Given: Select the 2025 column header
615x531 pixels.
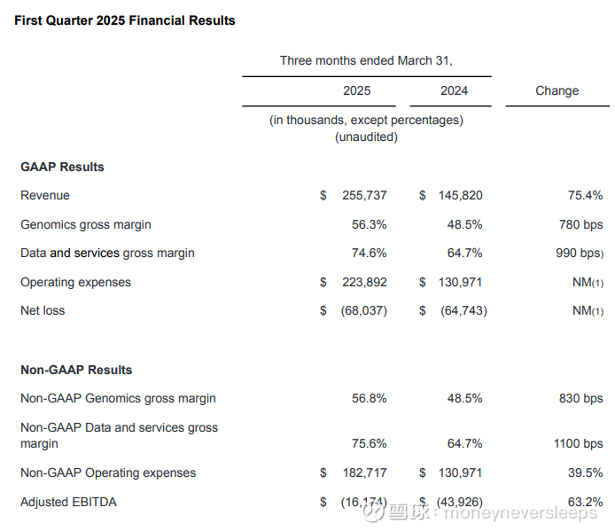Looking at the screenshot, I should tap(356, 90).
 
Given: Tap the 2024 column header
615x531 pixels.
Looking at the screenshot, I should tap(454, 90).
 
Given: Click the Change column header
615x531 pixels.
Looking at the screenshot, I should tap(557, 90).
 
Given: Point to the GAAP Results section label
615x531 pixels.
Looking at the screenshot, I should tap(62, 167).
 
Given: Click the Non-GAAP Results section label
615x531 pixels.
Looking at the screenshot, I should tap(76, 370).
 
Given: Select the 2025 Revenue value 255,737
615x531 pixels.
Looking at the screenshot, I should tap(363, 195).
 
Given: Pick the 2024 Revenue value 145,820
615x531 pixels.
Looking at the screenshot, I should tap(459, 195).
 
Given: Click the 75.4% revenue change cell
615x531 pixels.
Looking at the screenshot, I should tap(585, 195).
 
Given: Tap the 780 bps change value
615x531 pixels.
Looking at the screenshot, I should tap(581, 224).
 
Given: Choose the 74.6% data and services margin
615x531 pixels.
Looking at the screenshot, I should tap(369, 253).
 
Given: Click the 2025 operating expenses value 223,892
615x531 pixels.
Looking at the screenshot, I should tap(363, 282).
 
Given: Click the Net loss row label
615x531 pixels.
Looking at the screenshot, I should tap(43, 310).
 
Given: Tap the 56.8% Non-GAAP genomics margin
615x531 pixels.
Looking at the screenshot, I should tap(369, 398).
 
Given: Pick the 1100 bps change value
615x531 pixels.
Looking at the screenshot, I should tap(578, 444).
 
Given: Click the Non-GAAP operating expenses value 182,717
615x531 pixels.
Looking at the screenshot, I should tap(363, 472).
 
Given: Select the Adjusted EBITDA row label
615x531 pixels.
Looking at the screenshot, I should tap(68, 502).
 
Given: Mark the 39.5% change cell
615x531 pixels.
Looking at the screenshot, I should tap(585, 472).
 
